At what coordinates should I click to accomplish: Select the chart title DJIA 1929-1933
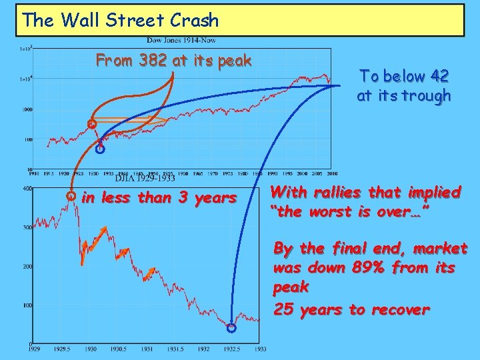click(145, 178)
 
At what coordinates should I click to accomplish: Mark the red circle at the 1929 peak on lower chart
click(71, 197)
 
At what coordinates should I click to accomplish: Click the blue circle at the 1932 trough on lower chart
click(231, 328)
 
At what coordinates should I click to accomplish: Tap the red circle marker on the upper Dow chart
click(92, 124)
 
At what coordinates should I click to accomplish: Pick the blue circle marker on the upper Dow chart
click(100, 150)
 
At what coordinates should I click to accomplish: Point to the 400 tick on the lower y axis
click(27, 189)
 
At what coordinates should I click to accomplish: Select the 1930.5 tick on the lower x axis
click(118, 349)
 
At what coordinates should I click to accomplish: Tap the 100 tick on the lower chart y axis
click(27, 305)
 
